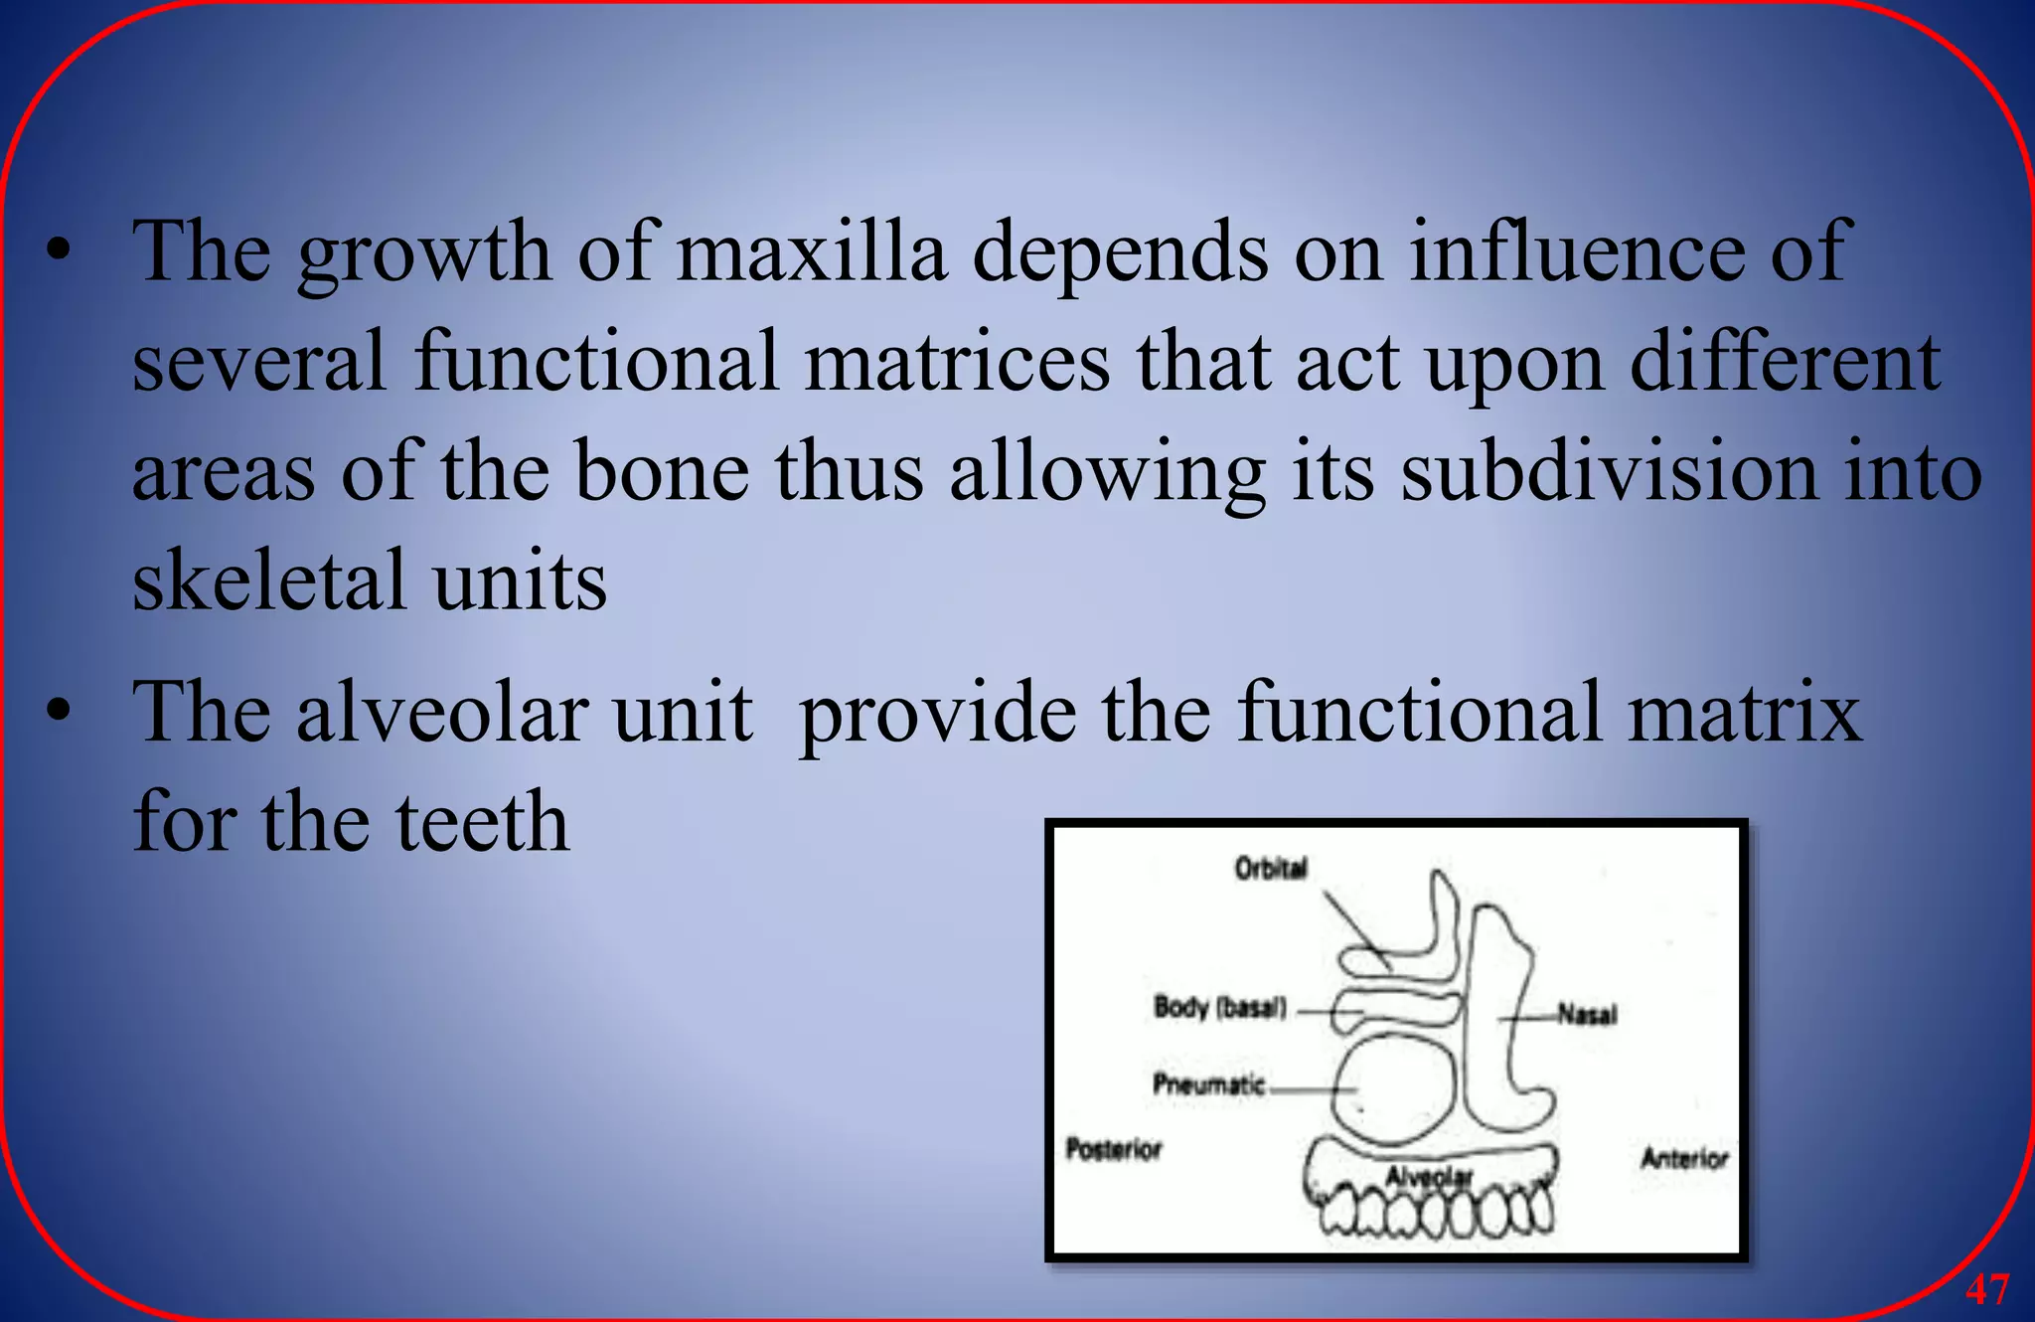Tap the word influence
pyautogui.click(x=1576, y=252)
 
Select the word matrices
pyautogui.click(x=956, y=362)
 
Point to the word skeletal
pyautogui.click(x=268, y=580)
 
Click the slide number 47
pyautogui.click(x=1987, y=1289)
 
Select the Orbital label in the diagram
pyautogui.click(x=1271, y=869)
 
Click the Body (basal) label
pyautogui.click(x=1219, y=1008)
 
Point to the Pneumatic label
pyautogui.click(x=1208, y=1083)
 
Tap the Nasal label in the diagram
pyautogui.click(x=1587, y=1015)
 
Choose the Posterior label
pyautogui.click(x=1113, y=1150)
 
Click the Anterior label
pyautogui.click(x=1684, y=1159)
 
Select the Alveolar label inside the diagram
pyautogui.click(x=1429, y=1178)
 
